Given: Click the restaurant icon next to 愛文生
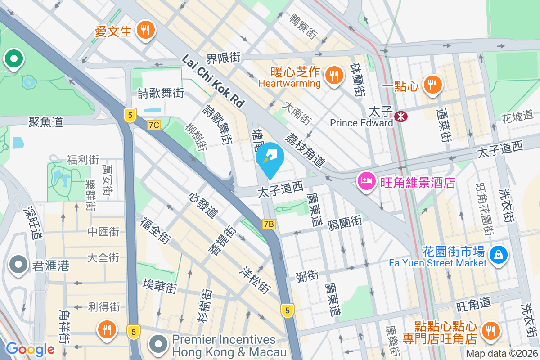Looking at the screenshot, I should click(145, 31).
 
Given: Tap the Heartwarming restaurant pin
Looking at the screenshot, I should click(333, 76).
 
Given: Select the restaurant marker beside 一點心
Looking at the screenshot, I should click(432, 84).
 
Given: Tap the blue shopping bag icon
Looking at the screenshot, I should click(499, 255).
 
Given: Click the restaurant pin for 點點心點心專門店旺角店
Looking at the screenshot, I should click(490, 331).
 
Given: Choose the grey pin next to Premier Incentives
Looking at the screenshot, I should click(158, 345).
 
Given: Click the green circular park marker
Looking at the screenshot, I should click(14, 58).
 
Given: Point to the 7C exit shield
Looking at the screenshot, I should click(154, 125).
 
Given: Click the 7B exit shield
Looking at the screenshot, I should click(269, 224).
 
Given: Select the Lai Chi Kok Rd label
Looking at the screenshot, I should click(213, 81).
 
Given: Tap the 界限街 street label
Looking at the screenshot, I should click(223, 58).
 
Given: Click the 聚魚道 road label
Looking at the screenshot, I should click(45, 121).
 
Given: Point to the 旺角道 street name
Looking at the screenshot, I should click(473, 305).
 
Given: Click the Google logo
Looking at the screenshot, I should click(30, 349).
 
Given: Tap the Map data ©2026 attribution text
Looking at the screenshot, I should click(501, 354).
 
